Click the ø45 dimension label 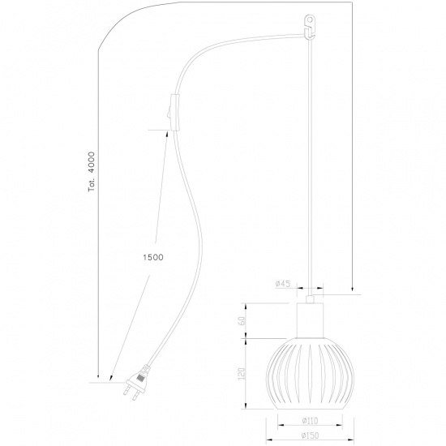(283, 283)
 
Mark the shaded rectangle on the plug (141, 375)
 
